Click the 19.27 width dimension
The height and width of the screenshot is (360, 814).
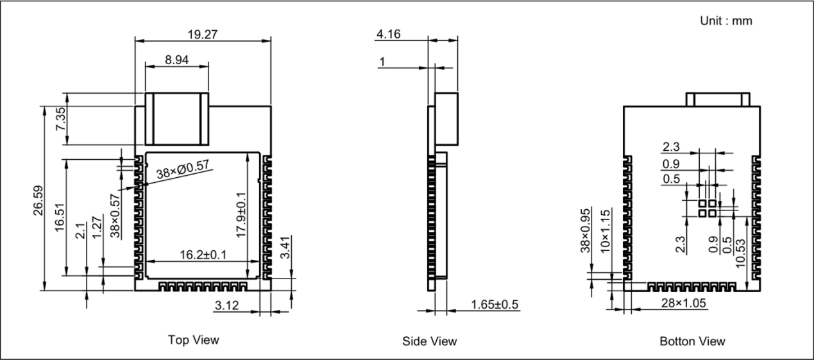pos(203,35)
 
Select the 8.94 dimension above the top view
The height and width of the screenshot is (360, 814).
pos(177,60)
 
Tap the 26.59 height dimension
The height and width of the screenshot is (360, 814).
pos(38,200)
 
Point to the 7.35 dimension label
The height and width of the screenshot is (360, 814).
pos(61,119)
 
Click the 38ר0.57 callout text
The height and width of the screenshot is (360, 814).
pos(183,169)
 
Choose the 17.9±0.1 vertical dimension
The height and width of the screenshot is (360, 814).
pos(241,215)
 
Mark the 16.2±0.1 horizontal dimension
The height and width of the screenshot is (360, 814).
pos(203,255)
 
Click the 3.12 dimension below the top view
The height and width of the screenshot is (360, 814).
pos(227,305)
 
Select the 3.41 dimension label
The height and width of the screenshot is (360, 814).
pos(285,248)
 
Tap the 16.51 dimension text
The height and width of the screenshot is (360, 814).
pos(60,217)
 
